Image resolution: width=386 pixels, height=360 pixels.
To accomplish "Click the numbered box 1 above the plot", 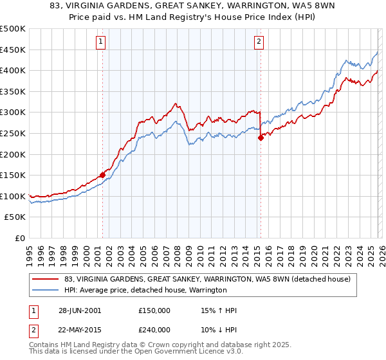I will coord(101,42).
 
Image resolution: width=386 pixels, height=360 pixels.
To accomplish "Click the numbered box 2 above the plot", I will coord(259,42).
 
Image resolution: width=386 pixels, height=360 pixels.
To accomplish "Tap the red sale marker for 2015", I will coord(261,137).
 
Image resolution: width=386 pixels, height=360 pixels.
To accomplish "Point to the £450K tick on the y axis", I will coord(13,50).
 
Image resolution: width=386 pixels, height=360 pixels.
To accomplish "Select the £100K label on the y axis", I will coord(13,196).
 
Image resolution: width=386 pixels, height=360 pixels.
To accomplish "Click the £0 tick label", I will coord(20,238).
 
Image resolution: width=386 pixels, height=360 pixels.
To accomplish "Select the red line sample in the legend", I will coord(45,280).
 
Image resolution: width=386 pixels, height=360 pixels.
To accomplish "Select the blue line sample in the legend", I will coord(45,291).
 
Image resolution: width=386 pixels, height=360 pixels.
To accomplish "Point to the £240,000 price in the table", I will coord(154,329).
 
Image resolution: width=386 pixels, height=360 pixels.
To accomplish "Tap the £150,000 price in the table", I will coord(154,310).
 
